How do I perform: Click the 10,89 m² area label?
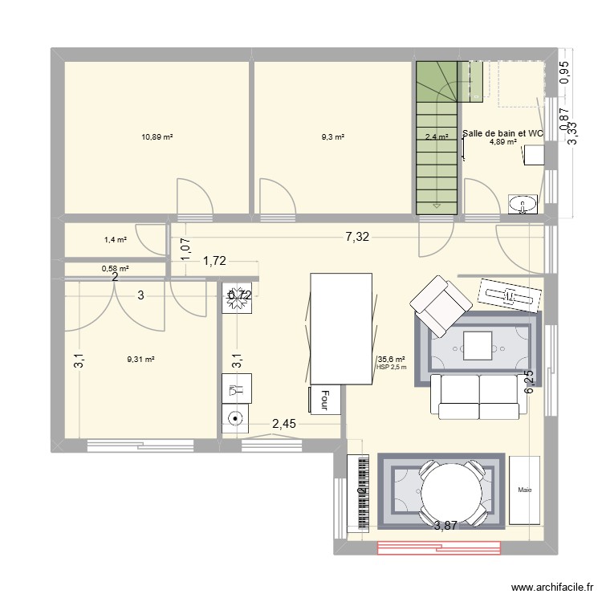(157, 137)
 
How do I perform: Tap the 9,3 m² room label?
(333, 137)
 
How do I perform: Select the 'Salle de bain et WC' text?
(503, 132)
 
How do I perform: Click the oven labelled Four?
(325, 399)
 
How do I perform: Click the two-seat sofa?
(479, 396)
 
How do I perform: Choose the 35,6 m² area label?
(391, 360)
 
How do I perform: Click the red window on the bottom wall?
(437, 548)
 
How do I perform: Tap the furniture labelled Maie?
(525, 490)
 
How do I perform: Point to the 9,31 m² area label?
(140, 360)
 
